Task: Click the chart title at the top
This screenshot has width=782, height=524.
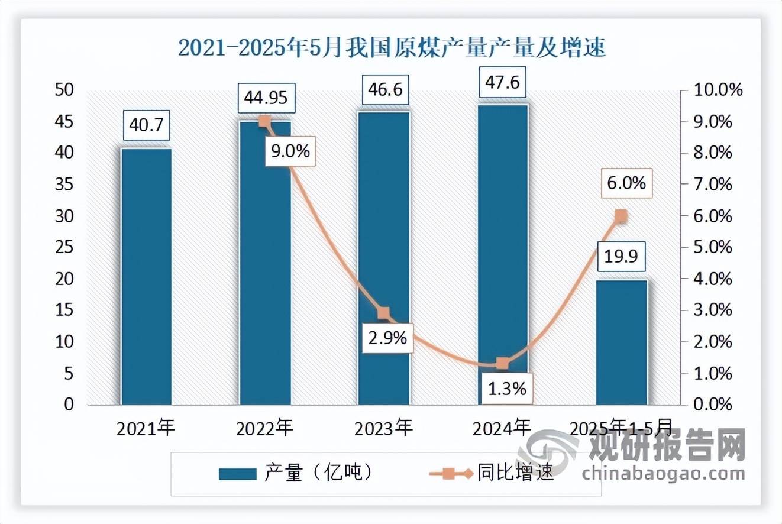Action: click(x=392, y=48)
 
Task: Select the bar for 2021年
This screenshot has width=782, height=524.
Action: click(x=146, y=277)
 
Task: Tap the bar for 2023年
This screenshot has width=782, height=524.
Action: click(x=383, y=258)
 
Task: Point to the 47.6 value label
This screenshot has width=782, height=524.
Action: click(x=502, y=82)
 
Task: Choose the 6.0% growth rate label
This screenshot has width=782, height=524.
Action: click(x=626, y=183)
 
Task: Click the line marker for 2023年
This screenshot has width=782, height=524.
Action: click(x=383, y=313)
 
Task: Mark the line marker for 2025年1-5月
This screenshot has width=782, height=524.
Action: click(x=621, y=216)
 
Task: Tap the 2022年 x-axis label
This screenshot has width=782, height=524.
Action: click(x=264, y=428)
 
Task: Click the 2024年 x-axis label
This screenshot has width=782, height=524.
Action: click(x=502, y=428)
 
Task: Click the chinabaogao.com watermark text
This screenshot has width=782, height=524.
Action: click(x=663, y=474)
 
